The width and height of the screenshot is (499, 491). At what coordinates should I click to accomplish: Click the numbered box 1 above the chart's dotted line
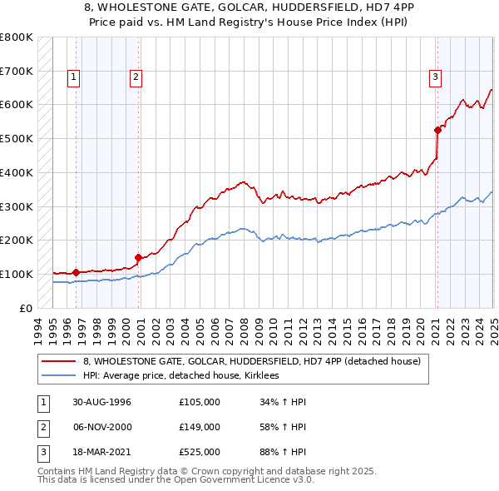coord(74,77)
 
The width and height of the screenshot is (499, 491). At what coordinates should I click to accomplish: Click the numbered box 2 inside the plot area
coord(136,77)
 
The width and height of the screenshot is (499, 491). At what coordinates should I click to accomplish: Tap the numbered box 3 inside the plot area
coord(435,77)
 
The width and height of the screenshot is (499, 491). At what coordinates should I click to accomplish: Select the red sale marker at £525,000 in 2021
coord(437,129)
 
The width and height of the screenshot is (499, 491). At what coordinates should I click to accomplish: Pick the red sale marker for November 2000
coord(139,257)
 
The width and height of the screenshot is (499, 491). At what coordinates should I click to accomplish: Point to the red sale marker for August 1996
coord(76,272)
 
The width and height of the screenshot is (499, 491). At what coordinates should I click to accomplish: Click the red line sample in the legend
coord(59,361)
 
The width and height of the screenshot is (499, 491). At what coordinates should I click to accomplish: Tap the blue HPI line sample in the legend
coord(59,376)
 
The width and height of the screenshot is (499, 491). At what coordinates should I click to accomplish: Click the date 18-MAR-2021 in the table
coord(102,453)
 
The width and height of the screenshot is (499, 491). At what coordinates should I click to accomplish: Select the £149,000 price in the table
coord(200,427)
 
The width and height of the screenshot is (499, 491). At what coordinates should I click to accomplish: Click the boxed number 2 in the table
coord(41,427)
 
